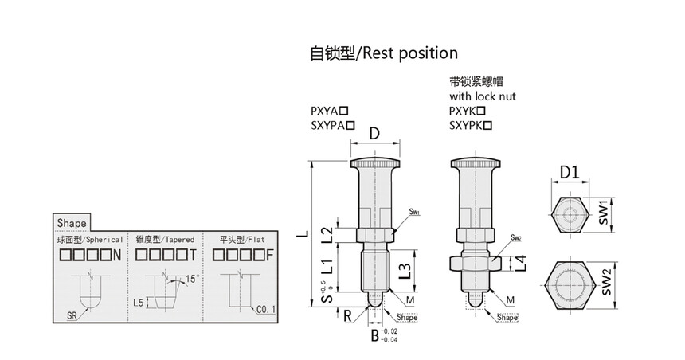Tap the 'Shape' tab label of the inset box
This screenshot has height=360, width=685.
(x=71, y=223)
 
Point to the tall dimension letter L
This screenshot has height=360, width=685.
(x=301, y=237)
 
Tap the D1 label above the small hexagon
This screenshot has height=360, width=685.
(x=568, y=172)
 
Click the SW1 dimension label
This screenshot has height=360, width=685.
(x=604, y=212)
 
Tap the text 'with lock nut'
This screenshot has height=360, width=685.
(x=483, y=96)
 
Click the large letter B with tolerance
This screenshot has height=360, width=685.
(x=375, y=335)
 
